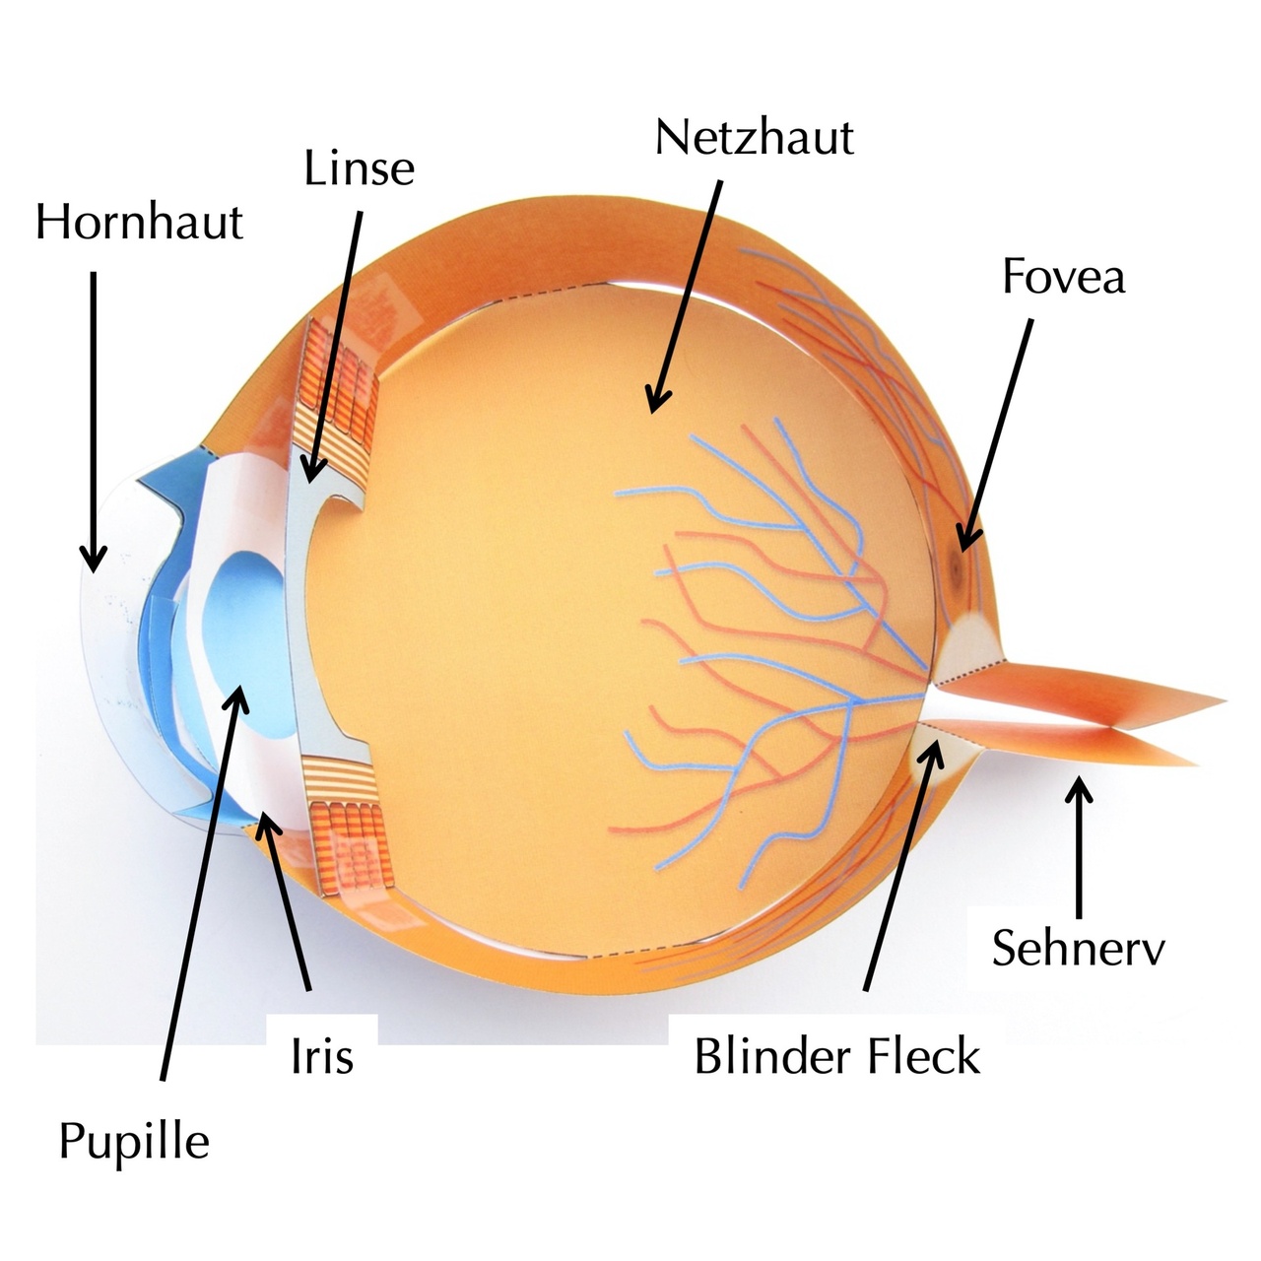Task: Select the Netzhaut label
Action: pos(754,137)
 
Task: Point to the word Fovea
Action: pos(1063,277)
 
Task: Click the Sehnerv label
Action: pos(1078,948)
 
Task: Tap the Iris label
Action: pos(322,1057)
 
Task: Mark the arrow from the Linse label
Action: pos(335,345)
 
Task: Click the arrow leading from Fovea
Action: pos(997,433)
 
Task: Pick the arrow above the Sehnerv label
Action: pos(1081,847)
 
